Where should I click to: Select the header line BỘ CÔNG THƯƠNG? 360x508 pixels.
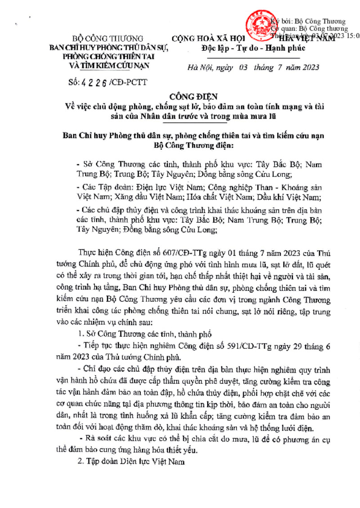click(108, 39)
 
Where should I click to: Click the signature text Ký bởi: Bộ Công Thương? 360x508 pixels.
click(310, 21)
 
